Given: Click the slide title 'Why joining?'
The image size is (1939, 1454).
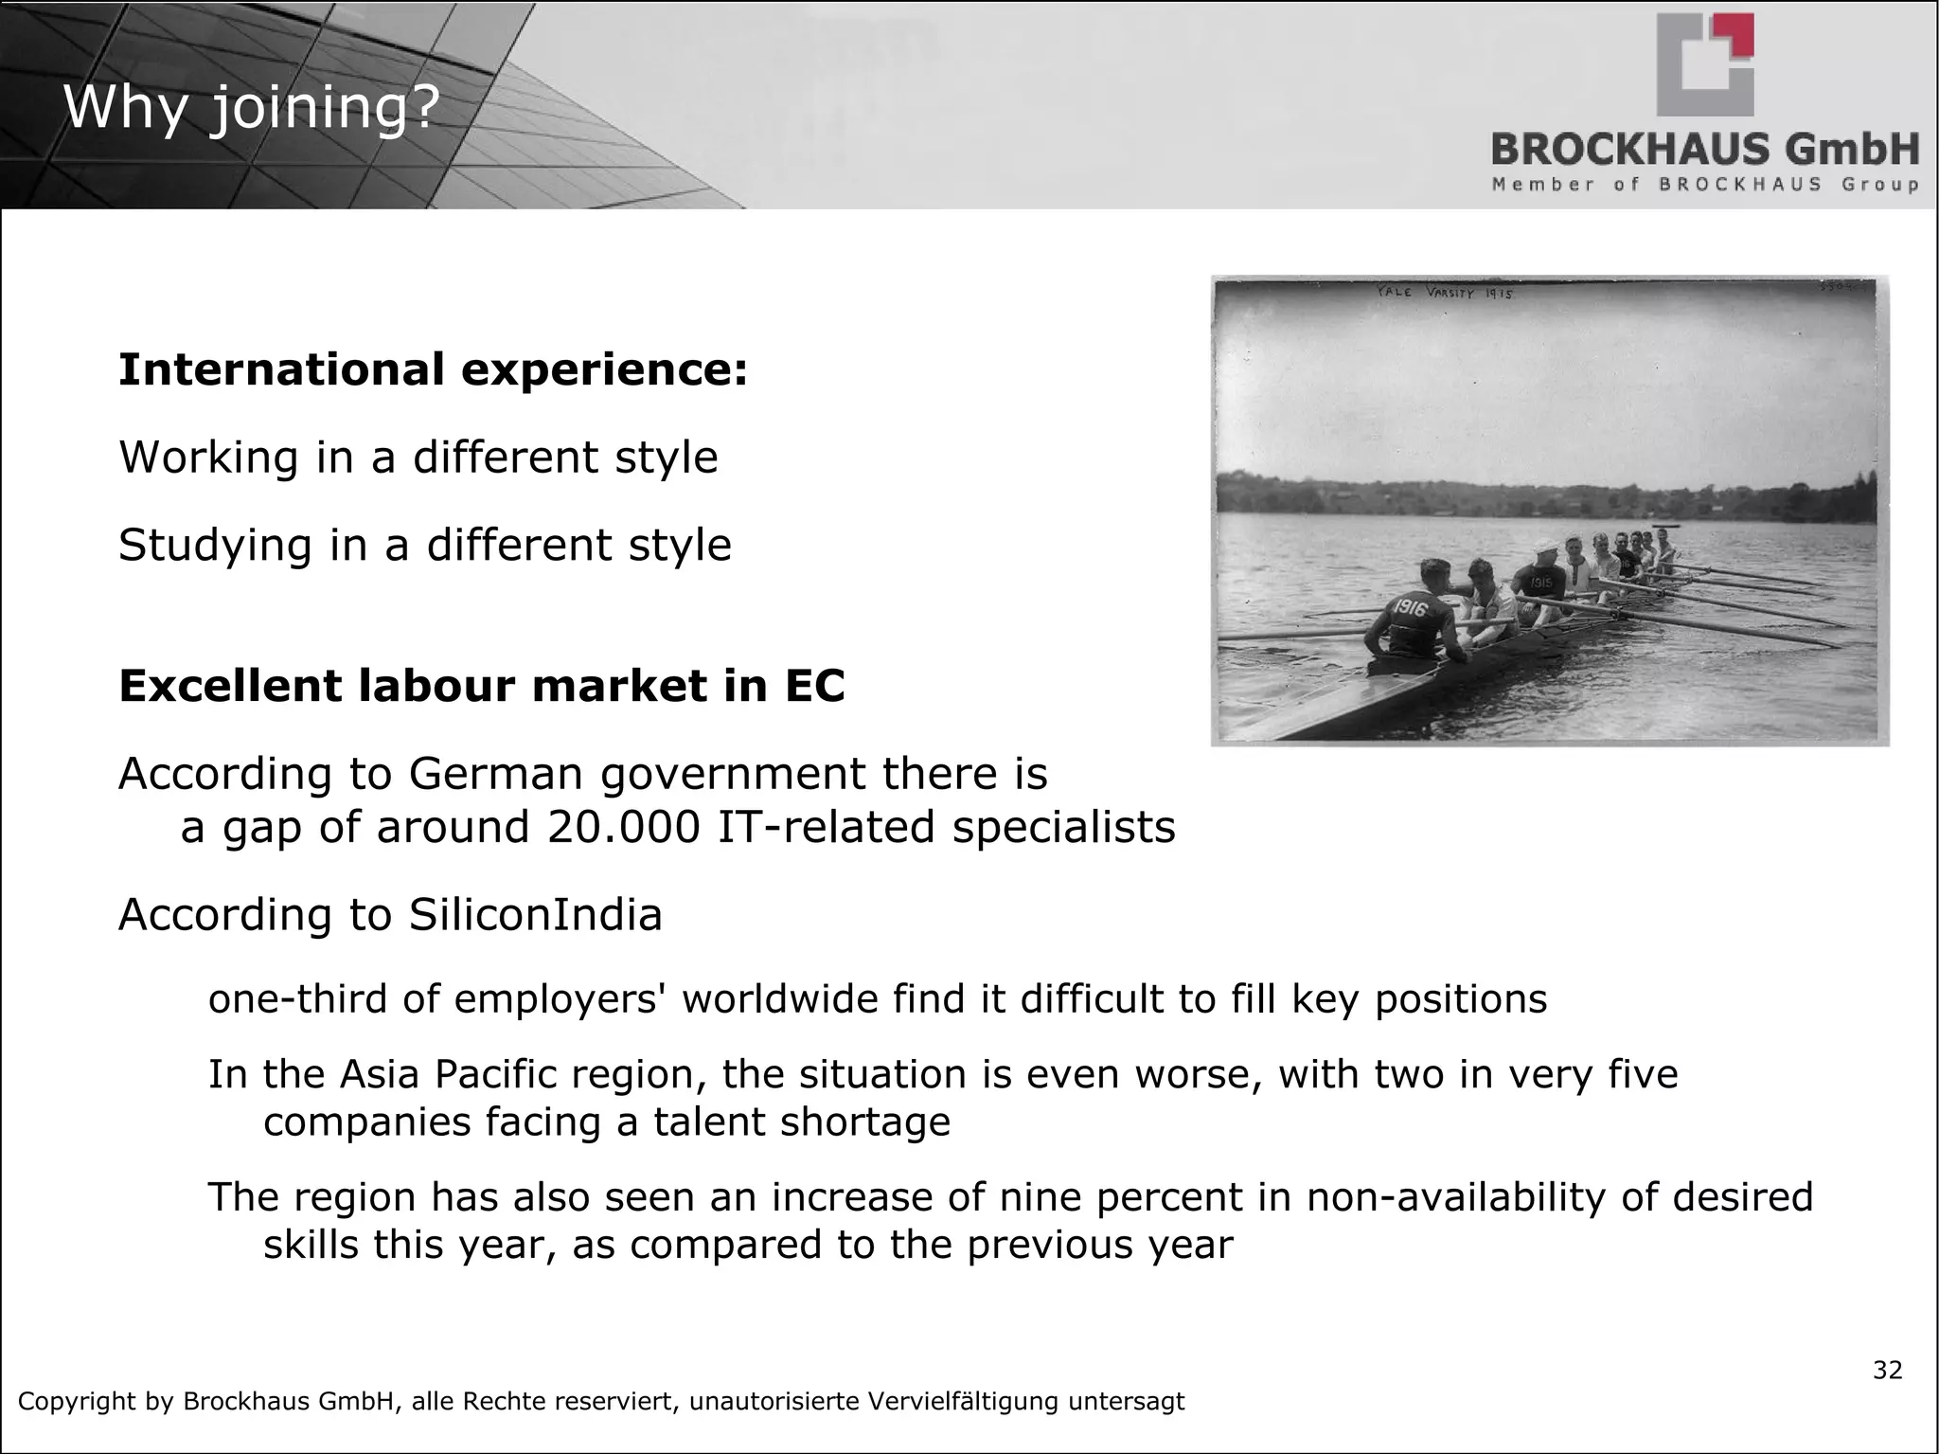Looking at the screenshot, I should pos(251,107).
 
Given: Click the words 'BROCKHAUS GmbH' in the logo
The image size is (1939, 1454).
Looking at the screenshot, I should pos(1705,150).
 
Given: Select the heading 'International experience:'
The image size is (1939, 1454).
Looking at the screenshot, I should pos(433,369).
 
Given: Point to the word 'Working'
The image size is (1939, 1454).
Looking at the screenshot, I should pos(209,458).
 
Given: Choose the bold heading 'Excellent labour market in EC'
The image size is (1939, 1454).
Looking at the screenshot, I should pos(481,686).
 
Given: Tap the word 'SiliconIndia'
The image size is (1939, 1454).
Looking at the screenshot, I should pos(535,915).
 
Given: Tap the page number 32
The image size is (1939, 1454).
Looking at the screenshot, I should pos(1887,1371).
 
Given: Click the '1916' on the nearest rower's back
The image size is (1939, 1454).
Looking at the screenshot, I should pos(1410,608).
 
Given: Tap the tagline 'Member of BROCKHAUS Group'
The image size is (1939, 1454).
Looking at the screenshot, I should pos(1705,185).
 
